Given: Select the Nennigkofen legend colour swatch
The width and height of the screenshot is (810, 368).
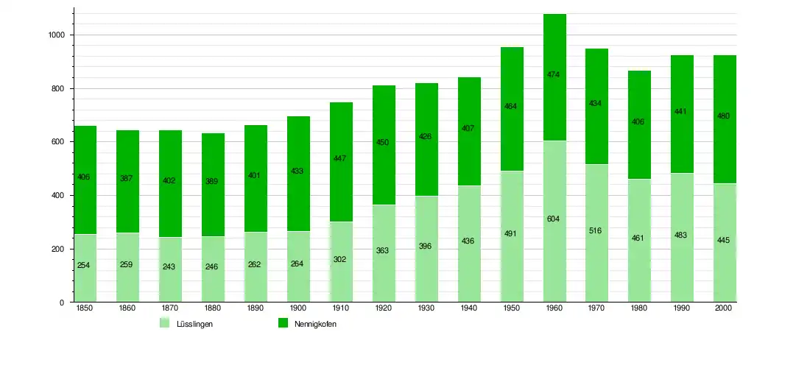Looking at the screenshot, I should coord(283,324).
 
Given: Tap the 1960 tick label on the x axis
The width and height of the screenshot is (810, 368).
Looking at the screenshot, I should coord(554,309).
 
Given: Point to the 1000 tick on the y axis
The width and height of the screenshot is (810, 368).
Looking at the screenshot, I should coord(56,35).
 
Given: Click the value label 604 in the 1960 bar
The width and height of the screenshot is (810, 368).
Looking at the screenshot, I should coord(554,219).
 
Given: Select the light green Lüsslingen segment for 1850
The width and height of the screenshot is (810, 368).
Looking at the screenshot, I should coord(85,243).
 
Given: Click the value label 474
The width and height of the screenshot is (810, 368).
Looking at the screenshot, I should coord(554,74).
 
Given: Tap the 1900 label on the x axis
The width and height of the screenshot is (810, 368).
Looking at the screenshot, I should coord(298,309).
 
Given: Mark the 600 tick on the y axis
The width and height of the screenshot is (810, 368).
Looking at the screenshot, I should coord(60,142).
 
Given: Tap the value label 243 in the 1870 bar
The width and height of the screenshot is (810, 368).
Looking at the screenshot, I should coord(170,267).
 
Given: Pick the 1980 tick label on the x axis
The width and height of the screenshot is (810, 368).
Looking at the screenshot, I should coord(639,309).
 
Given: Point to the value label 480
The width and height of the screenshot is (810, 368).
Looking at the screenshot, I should coord(725,116).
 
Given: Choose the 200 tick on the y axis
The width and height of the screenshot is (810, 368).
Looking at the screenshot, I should coord(60,249).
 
